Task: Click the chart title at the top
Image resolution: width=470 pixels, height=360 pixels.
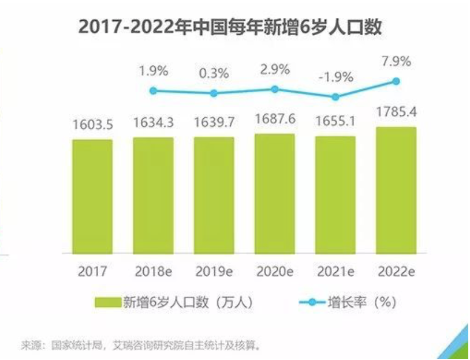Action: [230, 27]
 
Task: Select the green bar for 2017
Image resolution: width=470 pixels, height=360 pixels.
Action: [92, 196]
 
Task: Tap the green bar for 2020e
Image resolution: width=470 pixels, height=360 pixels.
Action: [274, 193]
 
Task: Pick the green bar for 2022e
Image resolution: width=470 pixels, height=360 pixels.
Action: [396, 190]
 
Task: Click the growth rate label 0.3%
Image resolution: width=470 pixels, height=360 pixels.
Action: [214, 73]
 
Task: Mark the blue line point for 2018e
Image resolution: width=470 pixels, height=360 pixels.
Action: [153, 91]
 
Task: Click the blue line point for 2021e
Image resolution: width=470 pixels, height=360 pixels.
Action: [335, 97]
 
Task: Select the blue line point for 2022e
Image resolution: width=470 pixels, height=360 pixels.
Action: [396, 81]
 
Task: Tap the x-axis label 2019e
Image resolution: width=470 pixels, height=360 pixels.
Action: [214, 271]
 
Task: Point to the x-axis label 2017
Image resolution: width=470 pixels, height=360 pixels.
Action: [92, 271]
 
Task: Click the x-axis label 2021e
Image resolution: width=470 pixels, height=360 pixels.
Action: [335, 271]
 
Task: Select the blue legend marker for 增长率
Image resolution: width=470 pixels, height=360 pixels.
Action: [311, 302]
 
